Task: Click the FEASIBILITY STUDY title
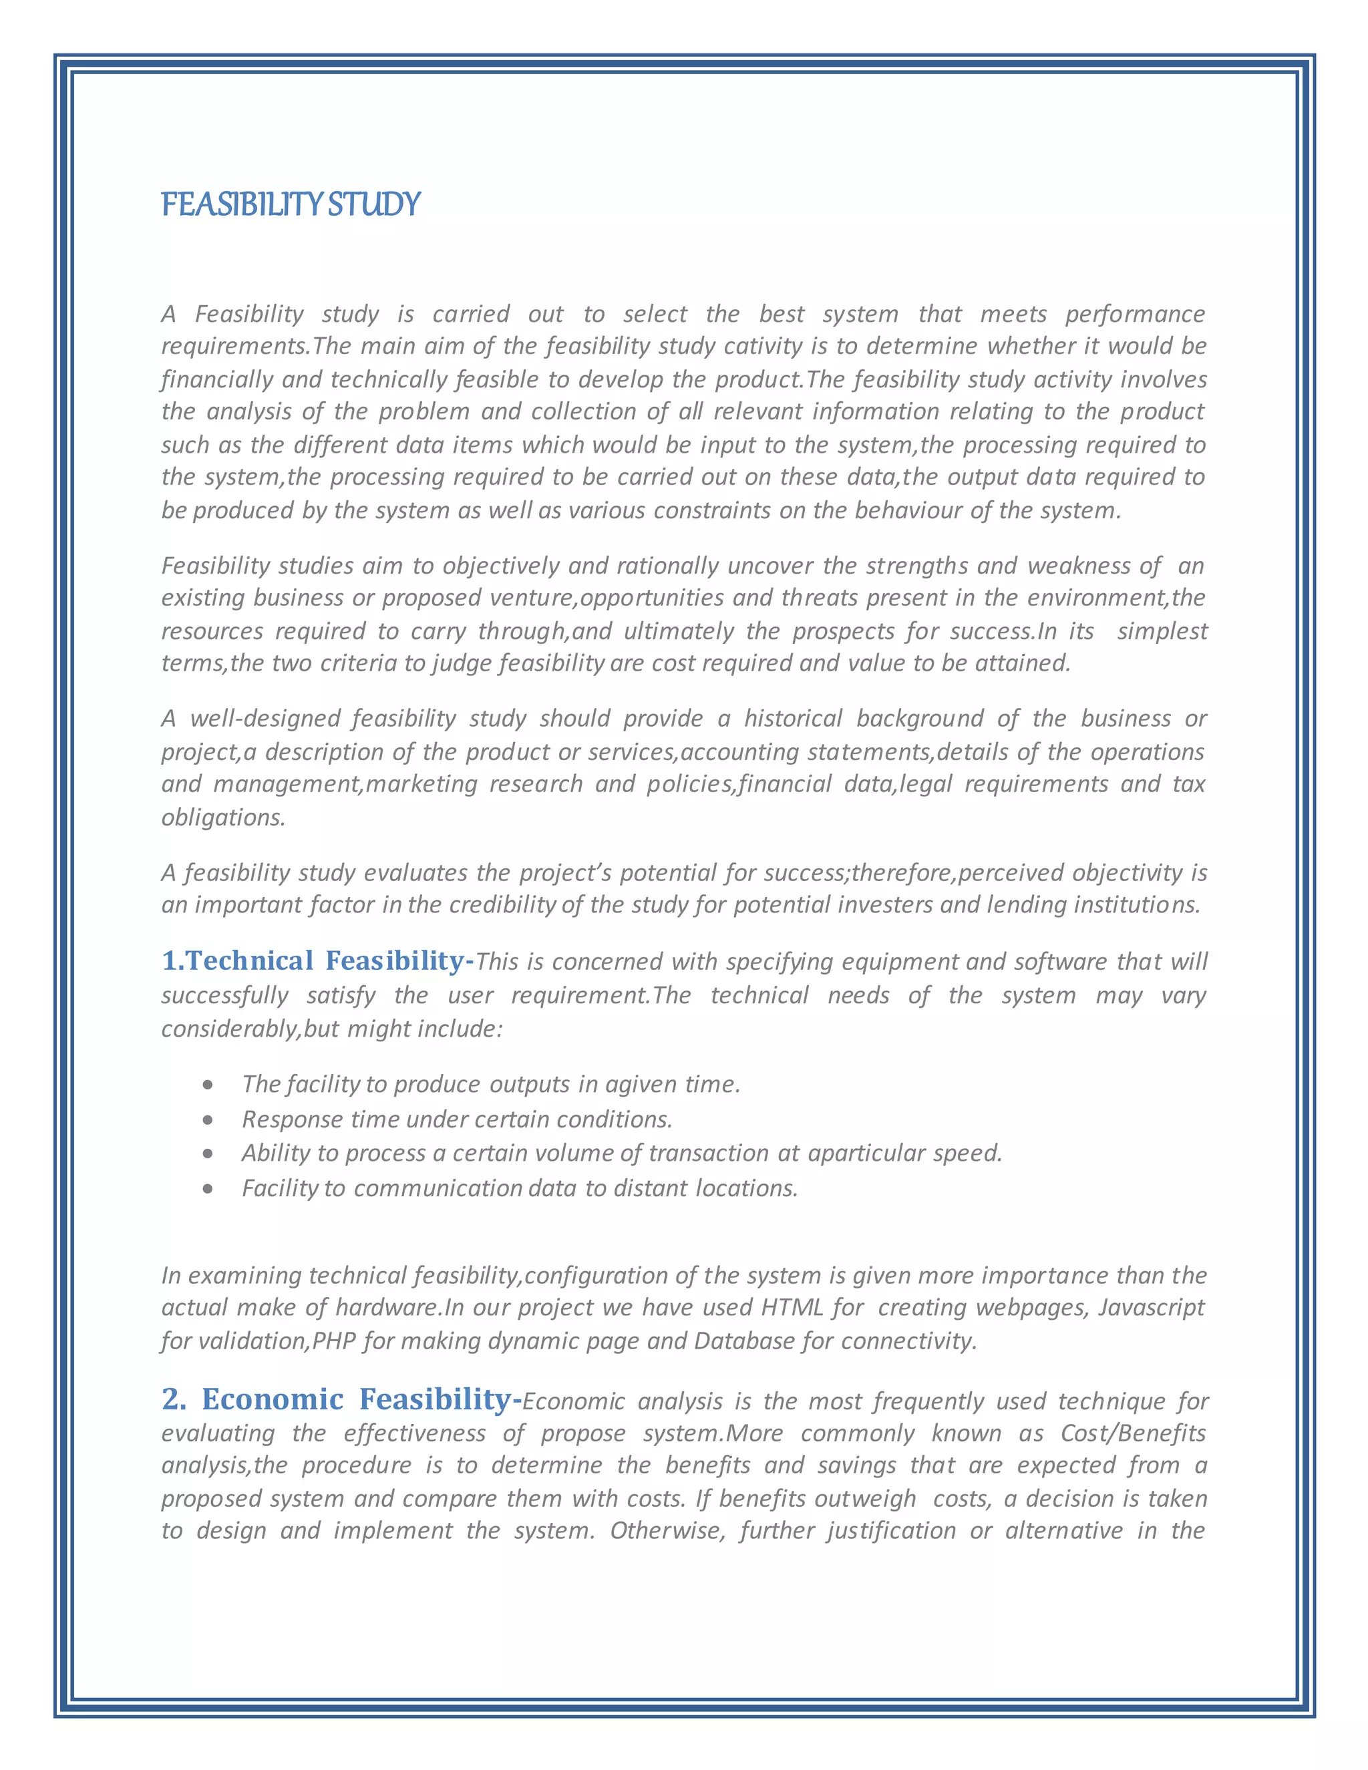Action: pyautogui.click(x=290, y=204)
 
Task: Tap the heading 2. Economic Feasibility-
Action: pyautogui.click(x=341, y=1399)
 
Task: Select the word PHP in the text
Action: pyautogui.click(x=334, y=1341)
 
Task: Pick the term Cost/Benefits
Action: pyautogui.click(x=1133, y=1433)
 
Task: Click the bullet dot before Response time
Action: pyautogui.click(x=208, y=1120)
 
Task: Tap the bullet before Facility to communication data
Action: pyautogui.click(x=208, y=1189)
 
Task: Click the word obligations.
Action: pyautogui.click(x=223, y=817)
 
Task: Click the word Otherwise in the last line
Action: pyautogui.click(x=666, y=1530)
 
